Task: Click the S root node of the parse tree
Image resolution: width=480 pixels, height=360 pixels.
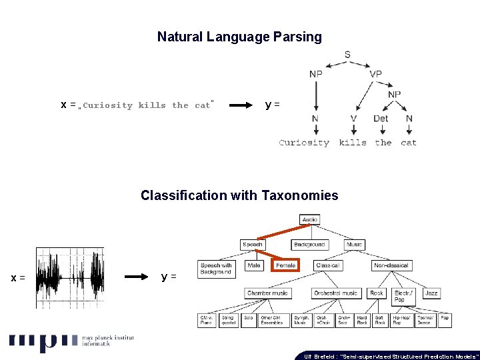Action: coord(347,55)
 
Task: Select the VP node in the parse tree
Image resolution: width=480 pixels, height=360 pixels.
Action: coord(375,74)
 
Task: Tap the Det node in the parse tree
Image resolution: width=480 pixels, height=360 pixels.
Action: coord(381,119)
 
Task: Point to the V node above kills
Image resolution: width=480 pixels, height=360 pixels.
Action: coord(353,119)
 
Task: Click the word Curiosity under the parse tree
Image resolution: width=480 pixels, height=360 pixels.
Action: coord(304,142)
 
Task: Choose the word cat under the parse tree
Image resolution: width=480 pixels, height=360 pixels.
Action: coord(409,142)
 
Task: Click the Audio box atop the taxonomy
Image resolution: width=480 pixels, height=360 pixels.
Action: coord(310,219)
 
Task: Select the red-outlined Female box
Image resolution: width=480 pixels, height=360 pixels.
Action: coord(285,265)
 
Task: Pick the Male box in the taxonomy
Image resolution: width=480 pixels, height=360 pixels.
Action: coord(254,265)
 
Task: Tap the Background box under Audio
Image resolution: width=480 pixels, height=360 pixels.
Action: coord(309,245)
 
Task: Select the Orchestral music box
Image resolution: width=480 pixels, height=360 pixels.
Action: coord(336,293)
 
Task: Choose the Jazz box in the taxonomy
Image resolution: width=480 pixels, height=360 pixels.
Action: coord(432,293)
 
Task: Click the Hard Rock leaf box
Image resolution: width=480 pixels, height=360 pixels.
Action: coord(362,320)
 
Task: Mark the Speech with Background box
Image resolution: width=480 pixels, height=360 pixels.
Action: coord(215,269)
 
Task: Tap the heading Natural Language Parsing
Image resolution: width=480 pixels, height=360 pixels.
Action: coord(239,37)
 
